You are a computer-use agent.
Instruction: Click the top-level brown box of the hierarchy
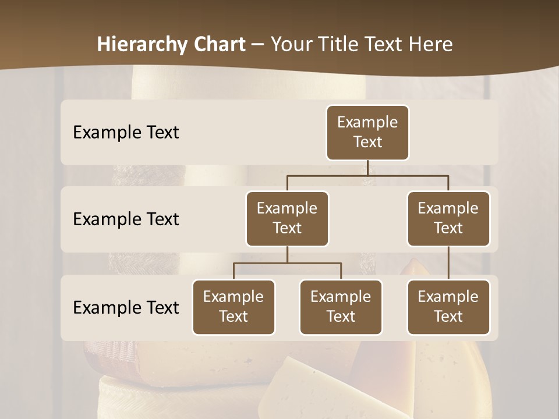pyautogui.click(x=367, y=133)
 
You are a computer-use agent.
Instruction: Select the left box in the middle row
pyautogui.click(x=287, y=219)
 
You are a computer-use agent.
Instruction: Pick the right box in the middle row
pyautogui.click(x=448, y=219)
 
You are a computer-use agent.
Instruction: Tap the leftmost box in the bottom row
pyautogui.click(x=233, y=307)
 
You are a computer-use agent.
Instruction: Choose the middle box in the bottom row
pyautogui.click(x=341, y=307)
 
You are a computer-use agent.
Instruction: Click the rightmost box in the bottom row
pyautogui.click(x=448, y=307)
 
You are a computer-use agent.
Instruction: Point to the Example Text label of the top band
pyautogui.click(x=126, y=133)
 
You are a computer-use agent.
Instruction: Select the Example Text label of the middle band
pyautogui.click(x=126, y=219)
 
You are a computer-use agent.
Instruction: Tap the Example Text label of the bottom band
pyautogui.click(x=126, y=307)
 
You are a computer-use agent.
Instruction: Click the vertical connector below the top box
pyautogui.click(x=367, y=168)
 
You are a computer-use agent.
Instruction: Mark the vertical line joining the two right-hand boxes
pyautogui.click(x=448, y=263)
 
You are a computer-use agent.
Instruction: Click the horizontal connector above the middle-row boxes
pyautogui.click(x=367, y=175)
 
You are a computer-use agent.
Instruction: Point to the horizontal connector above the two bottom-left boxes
pyautogui.click(x=287, y=263)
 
